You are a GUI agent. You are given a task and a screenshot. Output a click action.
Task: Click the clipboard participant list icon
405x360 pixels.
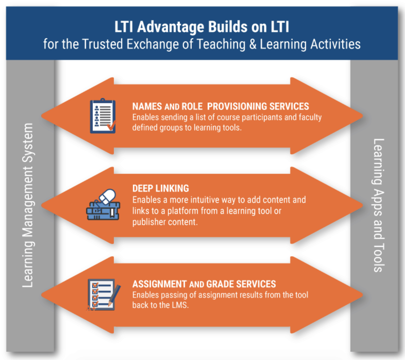pos(103,116)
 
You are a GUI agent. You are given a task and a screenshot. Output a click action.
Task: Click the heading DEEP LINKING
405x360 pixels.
pos(161,189)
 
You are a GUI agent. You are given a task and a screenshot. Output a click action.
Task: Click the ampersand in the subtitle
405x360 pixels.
pos(252,44)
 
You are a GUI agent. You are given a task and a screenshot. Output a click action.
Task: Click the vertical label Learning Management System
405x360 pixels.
pos(28,205)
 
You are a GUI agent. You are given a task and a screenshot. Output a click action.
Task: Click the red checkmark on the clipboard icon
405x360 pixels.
pos(111,126)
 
